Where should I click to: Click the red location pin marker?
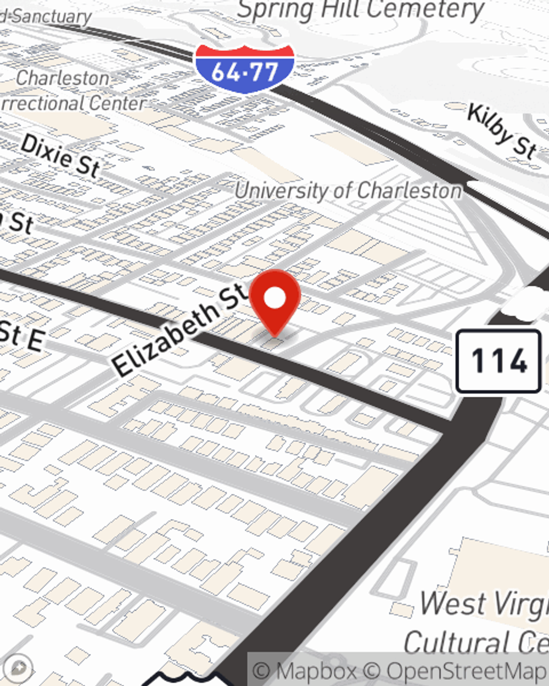(274, 302)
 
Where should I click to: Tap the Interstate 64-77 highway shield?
(244, 68)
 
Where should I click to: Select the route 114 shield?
(498, 361)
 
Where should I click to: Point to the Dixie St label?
(60, 156)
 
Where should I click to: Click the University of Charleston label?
(348, 191)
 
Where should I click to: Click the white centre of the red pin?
(274, 298)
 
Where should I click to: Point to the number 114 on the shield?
(498, 361)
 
